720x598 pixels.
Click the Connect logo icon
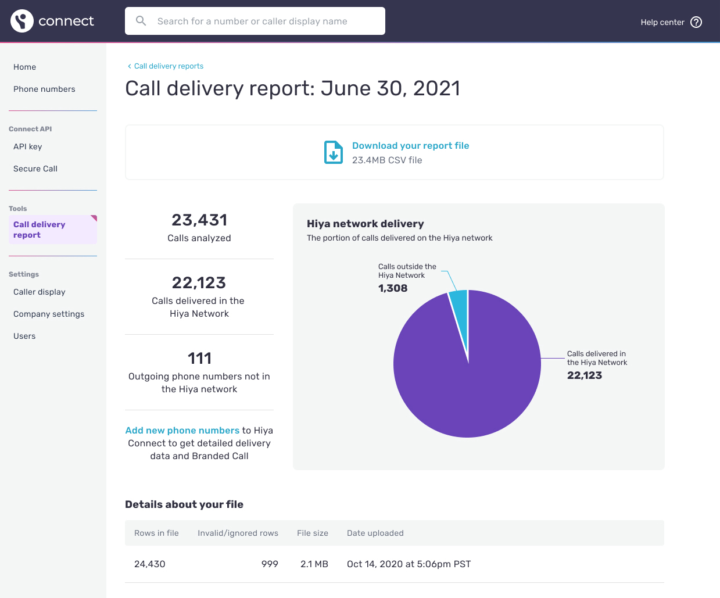click(22, 21)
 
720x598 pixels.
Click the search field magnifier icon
click(141, 21)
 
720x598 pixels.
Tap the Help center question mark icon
click(696, 22)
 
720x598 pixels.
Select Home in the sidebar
click(25, 67)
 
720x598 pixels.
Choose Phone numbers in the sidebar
click(44, 89)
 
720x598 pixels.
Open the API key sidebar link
click(28, 146)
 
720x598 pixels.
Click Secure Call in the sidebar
click(35, 169)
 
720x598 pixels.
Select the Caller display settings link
click(40, 292)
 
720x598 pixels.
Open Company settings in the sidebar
click(49, 314)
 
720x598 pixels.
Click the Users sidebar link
click(24, 336)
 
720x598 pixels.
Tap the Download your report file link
click(410, 146)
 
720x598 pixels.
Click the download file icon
click(334, 152)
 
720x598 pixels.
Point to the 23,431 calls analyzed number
click(199, 220)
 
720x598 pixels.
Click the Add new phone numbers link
click(182, 431)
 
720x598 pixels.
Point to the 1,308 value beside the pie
click(393, 288)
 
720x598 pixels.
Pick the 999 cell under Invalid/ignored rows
click(270, 564)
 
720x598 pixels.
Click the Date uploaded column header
click(375, 533)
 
